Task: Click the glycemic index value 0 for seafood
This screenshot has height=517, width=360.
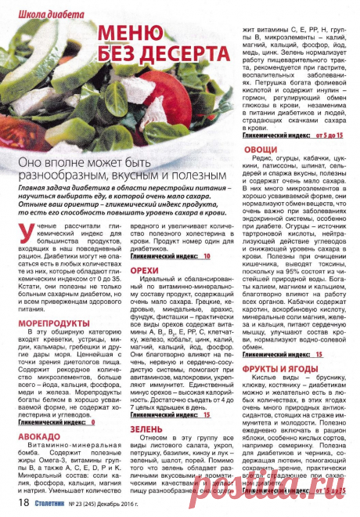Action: click(x=92, y=421)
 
